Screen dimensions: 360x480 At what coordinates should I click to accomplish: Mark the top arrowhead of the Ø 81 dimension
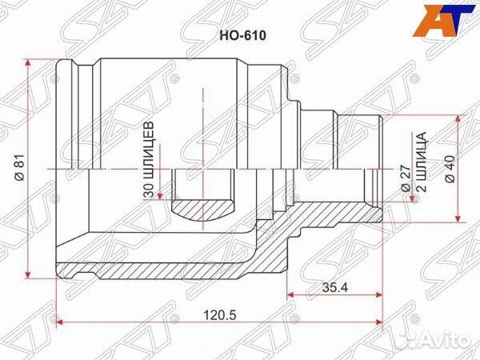click(30, 64)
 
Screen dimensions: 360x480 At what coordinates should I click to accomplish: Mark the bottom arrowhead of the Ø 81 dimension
click(30, 272)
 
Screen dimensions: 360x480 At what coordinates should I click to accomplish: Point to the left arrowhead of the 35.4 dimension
click(290, 295)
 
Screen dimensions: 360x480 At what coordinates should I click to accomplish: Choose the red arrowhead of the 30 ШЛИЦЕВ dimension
click(162, 194)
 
